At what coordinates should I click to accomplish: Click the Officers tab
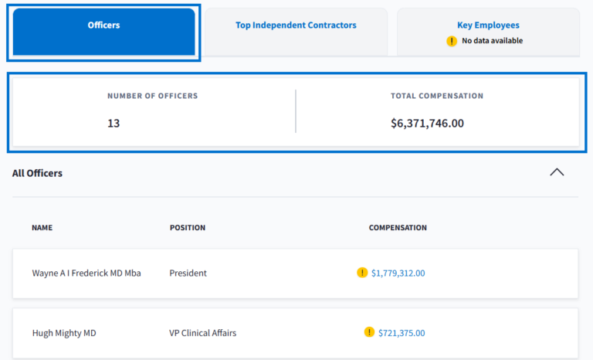[103, 25]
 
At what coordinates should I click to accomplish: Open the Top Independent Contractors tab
[296, 25]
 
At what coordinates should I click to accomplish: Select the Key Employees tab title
[488, 25]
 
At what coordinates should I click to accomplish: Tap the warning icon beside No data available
[452, 41]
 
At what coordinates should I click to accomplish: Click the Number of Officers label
[152, 96]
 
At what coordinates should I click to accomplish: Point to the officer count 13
[114, 123]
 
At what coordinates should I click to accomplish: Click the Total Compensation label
[437, 96]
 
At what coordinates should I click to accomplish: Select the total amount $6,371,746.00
[427, 123]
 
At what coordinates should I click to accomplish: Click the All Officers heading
[37, 173]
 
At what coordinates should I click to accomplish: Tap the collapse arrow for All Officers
[557, 172]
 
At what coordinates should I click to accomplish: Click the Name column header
[42, 228]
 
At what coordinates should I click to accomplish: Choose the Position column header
[188, 228]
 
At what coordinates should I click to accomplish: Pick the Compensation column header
[398, 228]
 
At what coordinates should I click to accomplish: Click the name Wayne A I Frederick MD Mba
[86, 273]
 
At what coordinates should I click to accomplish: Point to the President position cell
[188, 273]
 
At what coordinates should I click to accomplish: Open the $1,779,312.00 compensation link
[398, 273]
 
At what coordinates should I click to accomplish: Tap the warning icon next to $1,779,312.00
[362, 273]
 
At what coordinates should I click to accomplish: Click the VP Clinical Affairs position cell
[203, 333]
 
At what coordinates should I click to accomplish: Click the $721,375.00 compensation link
[402, 333]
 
